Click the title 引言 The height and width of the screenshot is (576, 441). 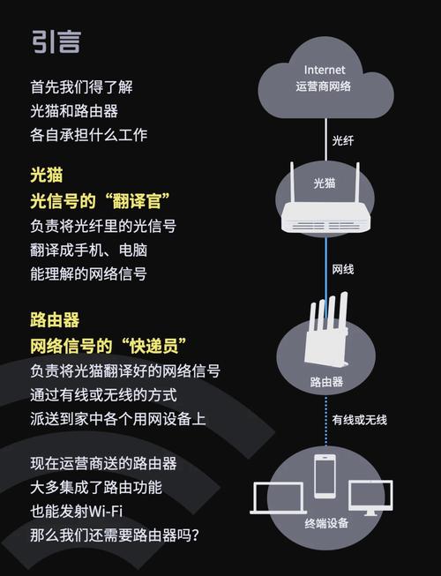56,41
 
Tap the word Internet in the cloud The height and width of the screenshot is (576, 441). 325,69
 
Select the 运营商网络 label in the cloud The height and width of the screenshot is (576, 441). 325,86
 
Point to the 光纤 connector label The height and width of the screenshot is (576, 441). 342,140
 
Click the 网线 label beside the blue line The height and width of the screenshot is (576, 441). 343,268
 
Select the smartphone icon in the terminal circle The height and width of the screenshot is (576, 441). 325,476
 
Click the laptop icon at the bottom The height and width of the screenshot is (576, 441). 278,498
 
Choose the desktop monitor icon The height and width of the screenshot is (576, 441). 370,498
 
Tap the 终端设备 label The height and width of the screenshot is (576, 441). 326,523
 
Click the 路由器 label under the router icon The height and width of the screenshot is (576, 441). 326,382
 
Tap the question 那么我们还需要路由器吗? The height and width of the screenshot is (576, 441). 115,535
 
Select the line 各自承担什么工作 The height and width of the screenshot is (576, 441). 88,136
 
